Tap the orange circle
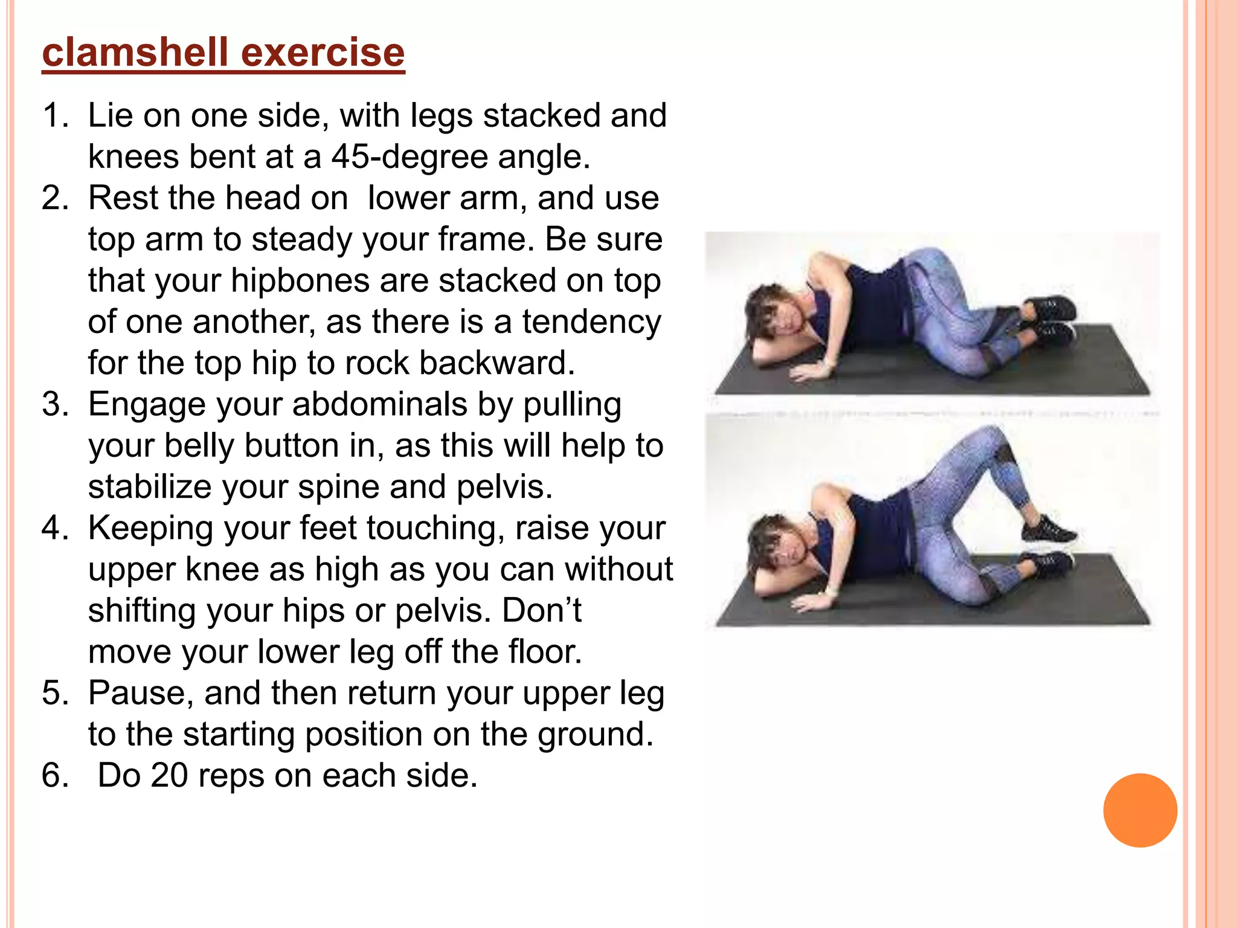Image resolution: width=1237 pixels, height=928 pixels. [x=1140, y=810]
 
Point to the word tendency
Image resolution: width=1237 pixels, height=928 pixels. [x=591, y=321]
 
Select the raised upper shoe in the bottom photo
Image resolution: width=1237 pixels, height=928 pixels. [x=1048, y=530]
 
